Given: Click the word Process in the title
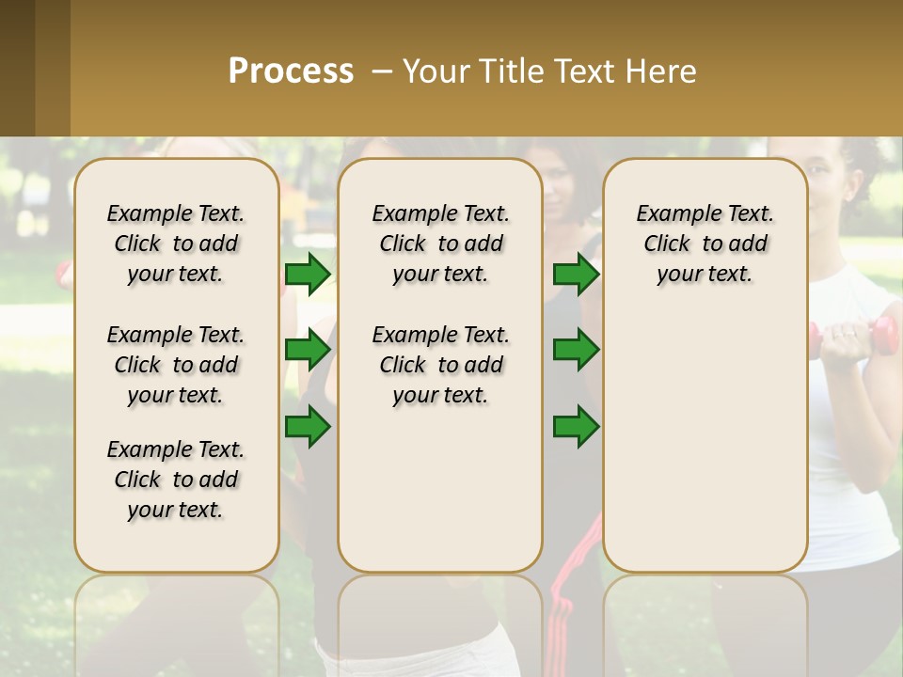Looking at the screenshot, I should click(291, 71).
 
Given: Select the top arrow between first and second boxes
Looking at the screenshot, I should click(308, 275).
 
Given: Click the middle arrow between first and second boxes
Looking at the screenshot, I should click(308, 351).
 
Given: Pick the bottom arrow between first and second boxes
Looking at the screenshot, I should click(308, 426).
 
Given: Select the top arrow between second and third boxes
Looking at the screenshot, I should click(576, 275).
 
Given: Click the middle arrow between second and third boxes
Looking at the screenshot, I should click(576, 351).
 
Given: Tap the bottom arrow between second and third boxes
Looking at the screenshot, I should click(576, 426).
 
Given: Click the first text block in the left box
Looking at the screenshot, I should click(176, 244).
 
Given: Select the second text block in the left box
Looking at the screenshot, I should click(176, 365).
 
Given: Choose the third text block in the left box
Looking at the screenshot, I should click(176, 480).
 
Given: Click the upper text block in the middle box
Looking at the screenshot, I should click(440, 244).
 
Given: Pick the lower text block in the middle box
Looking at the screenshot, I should click(440, 365).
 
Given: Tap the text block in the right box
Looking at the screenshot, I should click(705, 244).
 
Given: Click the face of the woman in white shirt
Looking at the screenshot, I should click(827, 174).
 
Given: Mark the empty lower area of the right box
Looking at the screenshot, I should click(705, 442).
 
